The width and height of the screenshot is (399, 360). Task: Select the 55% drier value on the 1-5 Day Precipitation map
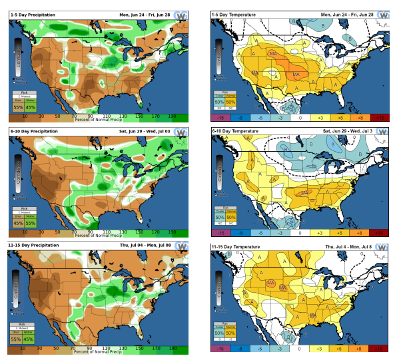point(18,106)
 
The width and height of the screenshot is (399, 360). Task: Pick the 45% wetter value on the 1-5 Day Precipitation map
point(30,106)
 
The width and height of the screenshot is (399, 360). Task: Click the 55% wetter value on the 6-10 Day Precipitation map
point(30,224)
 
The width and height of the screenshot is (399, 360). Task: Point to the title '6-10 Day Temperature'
point(236,132)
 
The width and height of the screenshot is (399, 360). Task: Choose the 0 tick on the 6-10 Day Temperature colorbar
point(300,234)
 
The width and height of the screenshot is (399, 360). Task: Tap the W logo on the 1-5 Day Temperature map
point(385,19)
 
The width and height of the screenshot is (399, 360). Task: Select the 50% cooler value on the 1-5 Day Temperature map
point(219,101)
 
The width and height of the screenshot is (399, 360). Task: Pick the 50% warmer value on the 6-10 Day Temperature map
point(231,217)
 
